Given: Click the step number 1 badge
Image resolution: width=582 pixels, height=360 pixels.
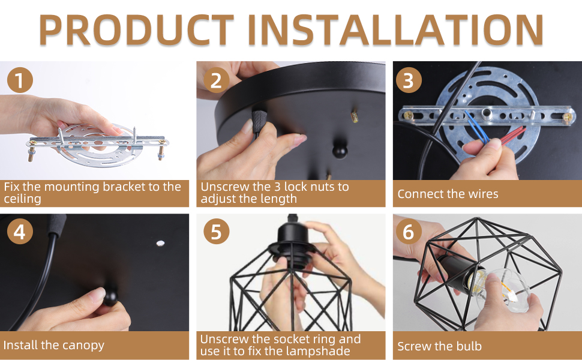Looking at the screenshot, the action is coord(20,80).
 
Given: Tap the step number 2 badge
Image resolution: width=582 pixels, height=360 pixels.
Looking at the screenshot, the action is coord(216,80).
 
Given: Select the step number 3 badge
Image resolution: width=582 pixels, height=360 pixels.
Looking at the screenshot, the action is coord(409,80).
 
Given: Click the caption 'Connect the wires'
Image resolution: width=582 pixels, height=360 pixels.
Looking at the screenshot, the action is coord(448,194).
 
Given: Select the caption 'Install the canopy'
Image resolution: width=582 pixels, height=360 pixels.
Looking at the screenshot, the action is coord(54,345).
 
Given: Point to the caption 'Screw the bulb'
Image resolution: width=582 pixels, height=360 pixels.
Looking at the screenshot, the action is coord(439,346).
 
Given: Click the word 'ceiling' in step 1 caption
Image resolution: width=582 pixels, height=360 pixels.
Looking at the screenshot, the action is coord(22,199).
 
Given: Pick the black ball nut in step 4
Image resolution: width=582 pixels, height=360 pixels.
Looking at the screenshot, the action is coord(110,297).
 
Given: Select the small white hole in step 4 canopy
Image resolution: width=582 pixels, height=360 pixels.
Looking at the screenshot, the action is coord(160,243).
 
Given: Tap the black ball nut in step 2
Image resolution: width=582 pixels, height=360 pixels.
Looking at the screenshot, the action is coord(340,151).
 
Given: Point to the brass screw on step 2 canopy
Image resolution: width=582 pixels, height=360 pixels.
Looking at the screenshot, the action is coord(355,116).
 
